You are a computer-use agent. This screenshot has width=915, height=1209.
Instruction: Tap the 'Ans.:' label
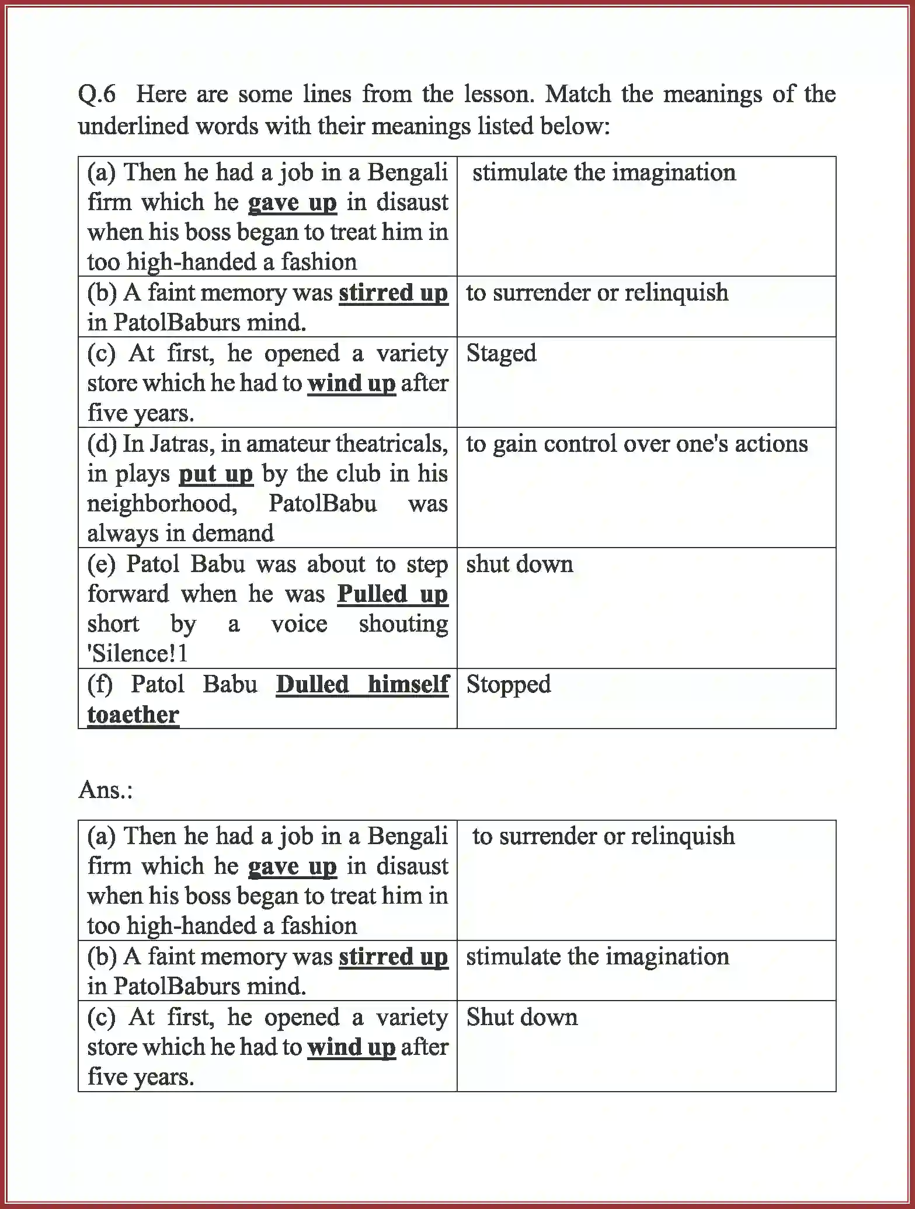click(x=106, y=790)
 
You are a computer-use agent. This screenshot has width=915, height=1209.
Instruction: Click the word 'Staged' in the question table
click(x=501, y=353)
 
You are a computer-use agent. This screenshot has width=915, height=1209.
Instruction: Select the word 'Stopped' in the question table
click(x=508, y=684)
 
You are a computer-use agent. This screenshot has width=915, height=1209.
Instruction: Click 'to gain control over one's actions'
click(x=636, y=444)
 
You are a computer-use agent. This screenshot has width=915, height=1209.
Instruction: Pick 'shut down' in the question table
click(x=519, y=564)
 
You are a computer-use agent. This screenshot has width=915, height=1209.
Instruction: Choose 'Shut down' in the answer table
click(x=521, y=1017)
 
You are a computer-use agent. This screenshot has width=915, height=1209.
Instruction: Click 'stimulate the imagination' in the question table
click(x=604, y=172)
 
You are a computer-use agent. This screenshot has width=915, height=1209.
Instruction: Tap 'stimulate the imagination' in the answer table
click(x=597, y=957)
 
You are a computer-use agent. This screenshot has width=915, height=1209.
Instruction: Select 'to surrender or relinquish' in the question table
click(x=597, y=292)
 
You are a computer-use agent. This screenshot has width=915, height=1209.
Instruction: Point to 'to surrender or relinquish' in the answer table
click(x=603, y=836)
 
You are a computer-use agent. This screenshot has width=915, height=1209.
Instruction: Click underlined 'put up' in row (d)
click(x=215, y=474)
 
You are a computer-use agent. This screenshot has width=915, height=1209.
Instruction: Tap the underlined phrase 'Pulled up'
click(x=392, y=594)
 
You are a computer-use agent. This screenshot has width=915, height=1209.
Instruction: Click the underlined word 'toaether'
click(x=133, y=715)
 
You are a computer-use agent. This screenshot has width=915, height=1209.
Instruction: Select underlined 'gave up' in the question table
click(x=292, y=203)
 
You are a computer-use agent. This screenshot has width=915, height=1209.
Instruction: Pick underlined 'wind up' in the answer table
click(x=351, y=1047)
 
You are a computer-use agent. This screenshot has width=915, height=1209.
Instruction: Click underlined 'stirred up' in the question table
click(x=393, y=292)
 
